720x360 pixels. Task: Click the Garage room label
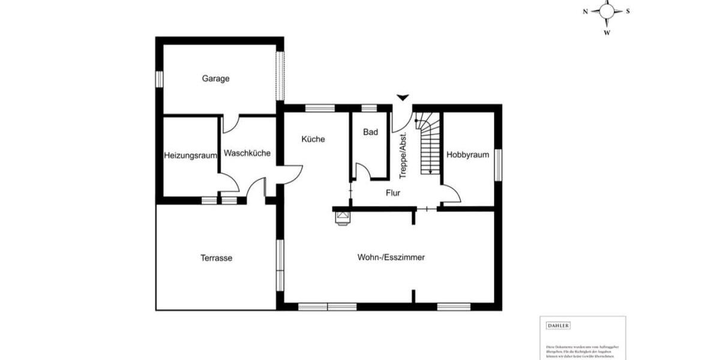point(216,79)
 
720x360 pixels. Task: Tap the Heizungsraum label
point(190,155)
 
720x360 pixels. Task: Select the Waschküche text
point(247,153)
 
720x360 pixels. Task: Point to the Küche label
point(313,139)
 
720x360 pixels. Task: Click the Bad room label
point(371,132)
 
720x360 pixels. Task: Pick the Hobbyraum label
point(467,154)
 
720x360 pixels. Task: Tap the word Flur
point(393,193)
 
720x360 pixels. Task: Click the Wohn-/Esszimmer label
point(391,257)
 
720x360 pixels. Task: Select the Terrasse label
point(216,258)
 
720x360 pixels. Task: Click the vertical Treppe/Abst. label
point(403,155)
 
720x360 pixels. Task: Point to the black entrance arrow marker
point(403,97)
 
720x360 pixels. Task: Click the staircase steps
point(427,147)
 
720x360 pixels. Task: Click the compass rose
point(607,10)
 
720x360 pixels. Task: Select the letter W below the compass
point(607,32)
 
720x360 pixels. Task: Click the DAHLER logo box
point(558,326)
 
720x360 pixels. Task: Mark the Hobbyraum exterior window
point(497,164)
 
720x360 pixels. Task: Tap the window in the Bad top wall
point(370,108)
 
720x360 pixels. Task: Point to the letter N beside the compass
point(585,11)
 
